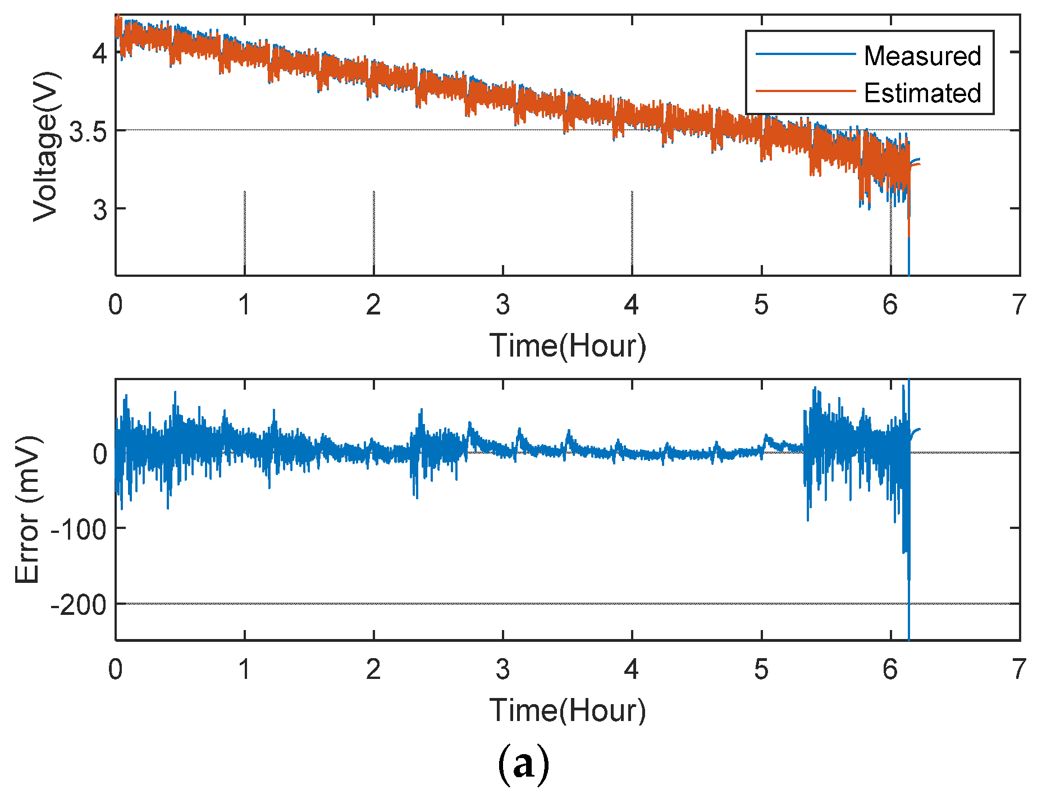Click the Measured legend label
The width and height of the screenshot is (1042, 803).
(x=922, y=56)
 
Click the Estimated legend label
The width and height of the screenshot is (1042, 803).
(x=922, y=93)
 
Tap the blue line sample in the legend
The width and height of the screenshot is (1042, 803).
(x=805, y=54)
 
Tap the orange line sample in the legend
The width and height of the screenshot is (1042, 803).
(x=805, y=91)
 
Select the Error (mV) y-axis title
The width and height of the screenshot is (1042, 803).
(x=28, y=509)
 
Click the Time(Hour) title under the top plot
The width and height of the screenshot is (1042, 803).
(x=568, y=346)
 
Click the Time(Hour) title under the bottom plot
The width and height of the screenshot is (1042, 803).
(x=568, y=711)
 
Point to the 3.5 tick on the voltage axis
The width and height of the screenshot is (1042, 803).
(x=87, y=133)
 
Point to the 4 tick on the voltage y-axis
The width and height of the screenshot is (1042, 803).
(x=99, y=54)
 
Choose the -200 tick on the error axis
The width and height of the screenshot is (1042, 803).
(x=78, y=605)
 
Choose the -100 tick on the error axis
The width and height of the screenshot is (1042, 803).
(x=78, y=530)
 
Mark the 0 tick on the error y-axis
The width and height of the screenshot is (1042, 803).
(x=99, y=454)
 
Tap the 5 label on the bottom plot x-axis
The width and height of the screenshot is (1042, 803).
(x=761, y=669)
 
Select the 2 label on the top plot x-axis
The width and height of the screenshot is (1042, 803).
(x=373, y=305)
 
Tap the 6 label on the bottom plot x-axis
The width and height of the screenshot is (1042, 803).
(x=890, y=669)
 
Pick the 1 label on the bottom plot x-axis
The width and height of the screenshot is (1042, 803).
(x=244, y=669)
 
